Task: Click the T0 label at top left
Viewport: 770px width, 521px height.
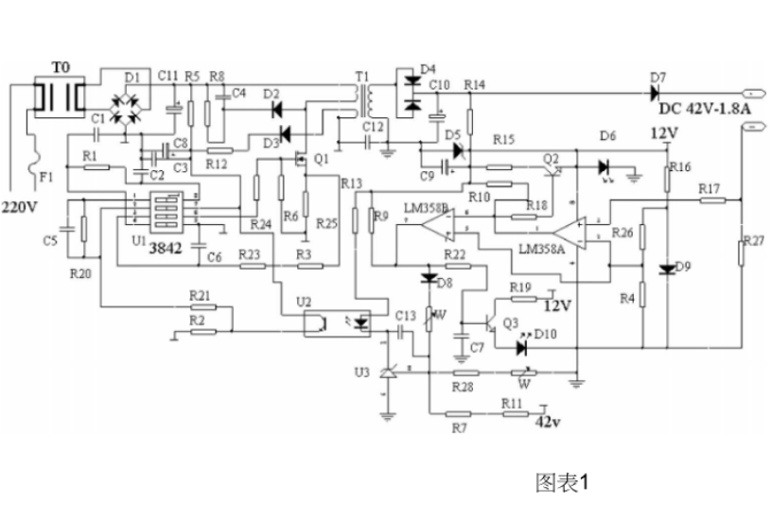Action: pyautogui.click(x=61, y=68)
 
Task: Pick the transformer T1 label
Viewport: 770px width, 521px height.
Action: pyautogui.click(x=362, y=76)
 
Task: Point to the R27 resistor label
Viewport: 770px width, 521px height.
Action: pyautogui.click(x=753, y=240)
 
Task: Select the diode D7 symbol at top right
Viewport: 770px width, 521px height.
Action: pyautogui.click(x=655, y=93)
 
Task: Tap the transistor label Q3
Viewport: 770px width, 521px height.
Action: pyautogui.click(x=511, y=323)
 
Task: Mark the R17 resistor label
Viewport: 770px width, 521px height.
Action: pyautogui.click(x=710, y=188)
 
